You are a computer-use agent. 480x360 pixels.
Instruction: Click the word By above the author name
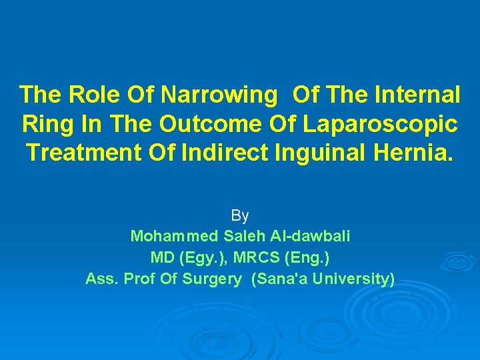tap(240, 215)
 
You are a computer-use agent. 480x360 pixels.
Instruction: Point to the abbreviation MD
tap(162, 257)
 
